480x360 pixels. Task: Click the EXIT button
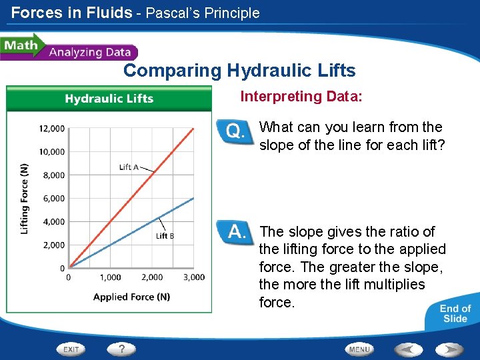click(71, 349)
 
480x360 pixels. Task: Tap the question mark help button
click(121, 349)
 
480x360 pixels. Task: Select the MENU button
click(359, 349)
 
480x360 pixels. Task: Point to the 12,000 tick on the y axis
click(52, 129)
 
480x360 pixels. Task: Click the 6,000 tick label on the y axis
click(52, 199)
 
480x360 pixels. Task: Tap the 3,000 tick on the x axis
click(194, 277)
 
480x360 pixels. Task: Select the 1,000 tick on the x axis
click(111, 277)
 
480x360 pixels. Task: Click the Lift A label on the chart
click(129, 167)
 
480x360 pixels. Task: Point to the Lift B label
click(165, 235)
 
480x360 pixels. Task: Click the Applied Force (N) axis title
click(131, 297)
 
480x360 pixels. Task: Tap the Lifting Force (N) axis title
click(25, 199)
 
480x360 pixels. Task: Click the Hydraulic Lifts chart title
click(109, 99)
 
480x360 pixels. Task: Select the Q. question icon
click(235, 131)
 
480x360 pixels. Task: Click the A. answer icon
click(235, 233)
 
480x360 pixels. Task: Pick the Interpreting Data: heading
click(301, 97)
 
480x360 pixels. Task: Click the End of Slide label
click(455, 313)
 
